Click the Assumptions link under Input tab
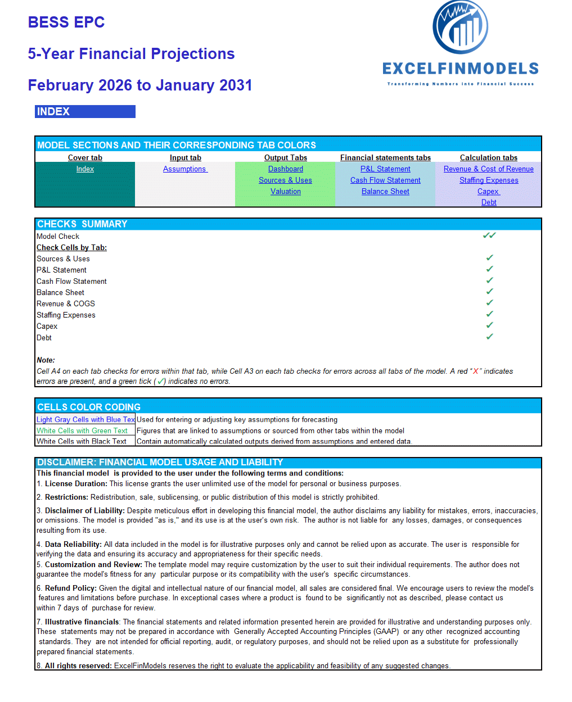[185, 169]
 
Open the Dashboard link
[285, 169]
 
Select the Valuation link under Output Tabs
[285, 192]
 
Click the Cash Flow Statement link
[385, 180]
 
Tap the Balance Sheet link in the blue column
[385, 192]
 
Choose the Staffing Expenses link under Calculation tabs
[489, 180]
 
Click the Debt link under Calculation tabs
[489, 202]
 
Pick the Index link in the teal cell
[85, 169]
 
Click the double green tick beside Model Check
[489, 235]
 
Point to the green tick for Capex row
[489, 325]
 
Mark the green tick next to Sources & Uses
[489, 258]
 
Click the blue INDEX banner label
[53, 112]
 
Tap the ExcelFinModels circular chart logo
[460, 26]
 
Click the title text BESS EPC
[66, 22]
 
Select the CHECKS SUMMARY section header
[82, 224]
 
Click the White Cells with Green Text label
[82, 431]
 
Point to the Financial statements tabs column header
[385, 158]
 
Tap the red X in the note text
[475, 372]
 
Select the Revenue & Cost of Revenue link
[488, 169]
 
